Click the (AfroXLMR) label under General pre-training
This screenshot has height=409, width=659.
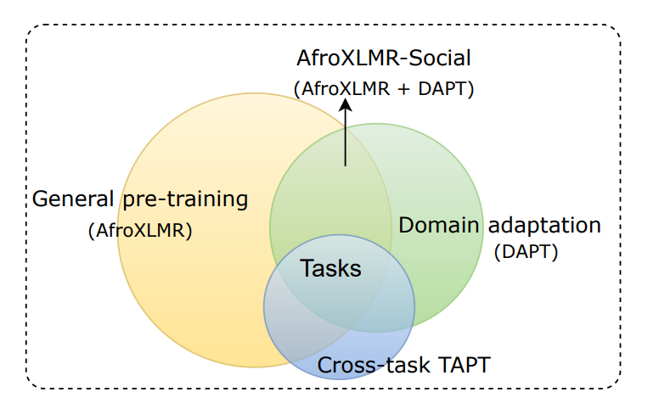pyautogui.click(x=140, y=230)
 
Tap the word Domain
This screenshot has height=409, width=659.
pyautogui.click(x=437, y=226)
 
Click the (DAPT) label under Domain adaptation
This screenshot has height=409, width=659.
pyautogui.click(x=526, y=252)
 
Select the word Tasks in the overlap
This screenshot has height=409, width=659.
pyautogui.click(x=331, y=269)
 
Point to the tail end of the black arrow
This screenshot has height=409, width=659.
pyautogui.click(x=345, y=165)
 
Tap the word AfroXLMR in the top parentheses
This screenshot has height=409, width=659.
pyautogui.click(x=345, y=87)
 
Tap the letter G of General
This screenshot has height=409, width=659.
pyautogui.click(x=39, y=199)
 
